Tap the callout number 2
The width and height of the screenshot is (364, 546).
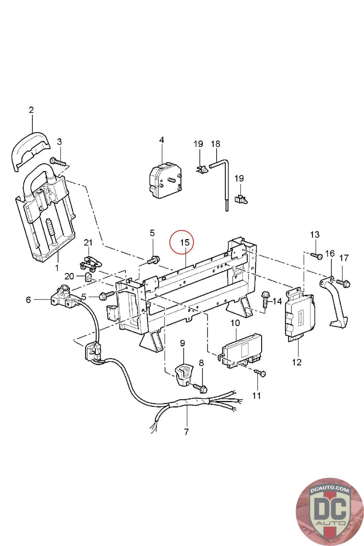tap(31, 110)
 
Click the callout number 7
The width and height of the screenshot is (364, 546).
tap(186, 432)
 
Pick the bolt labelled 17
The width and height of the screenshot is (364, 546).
tap(343, 283)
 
